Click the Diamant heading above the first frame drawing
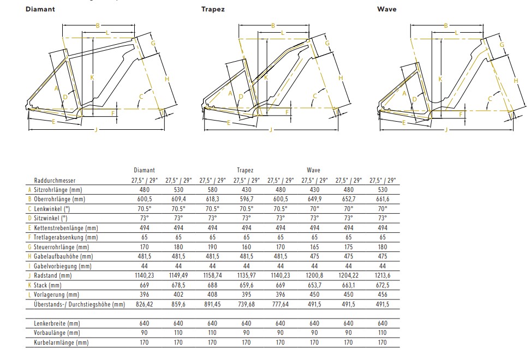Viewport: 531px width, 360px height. [40, 9]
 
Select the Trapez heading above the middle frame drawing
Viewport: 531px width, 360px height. [213, 9]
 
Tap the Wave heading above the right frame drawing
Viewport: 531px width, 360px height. [387, 9]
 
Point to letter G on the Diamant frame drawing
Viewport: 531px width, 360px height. [153, 43]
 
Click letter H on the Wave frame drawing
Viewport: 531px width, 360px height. [516, 81]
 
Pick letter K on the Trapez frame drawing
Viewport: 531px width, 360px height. [266, 78]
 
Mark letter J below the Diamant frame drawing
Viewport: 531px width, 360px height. [96, 130]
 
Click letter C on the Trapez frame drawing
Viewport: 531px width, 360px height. [314, 96]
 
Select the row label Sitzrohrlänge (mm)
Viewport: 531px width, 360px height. [58, 190]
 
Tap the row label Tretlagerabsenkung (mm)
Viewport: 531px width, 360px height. [65, 237]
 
